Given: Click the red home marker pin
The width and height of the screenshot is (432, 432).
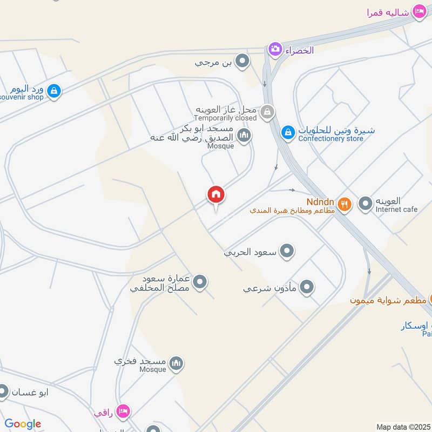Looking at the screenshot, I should coord(216,195).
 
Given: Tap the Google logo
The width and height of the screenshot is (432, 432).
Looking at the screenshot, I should coord(23,424).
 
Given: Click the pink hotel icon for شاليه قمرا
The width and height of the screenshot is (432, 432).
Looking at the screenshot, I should coord(419,11).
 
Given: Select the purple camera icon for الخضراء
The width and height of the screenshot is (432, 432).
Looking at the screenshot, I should coord(275,50).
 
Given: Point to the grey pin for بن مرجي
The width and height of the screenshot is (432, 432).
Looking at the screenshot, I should coord(244,62).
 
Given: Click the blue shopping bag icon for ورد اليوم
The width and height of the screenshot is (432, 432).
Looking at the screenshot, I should coord(53,91).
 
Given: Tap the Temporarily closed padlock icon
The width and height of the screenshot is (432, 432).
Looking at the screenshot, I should coord(266,112).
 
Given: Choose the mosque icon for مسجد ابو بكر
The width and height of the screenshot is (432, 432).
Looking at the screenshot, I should coord(244,134).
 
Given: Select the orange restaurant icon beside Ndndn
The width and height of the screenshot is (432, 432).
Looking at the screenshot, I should coord(345,204).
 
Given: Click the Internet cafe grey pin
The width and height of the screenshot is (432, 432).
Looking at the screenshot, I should coord(366,204).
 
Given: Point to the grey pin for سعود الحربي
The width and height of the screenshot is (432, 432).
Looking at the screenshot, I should coord(287,251).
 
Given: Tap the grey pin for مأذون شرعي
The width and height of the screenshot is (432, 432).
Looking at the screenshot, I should coord(307,287).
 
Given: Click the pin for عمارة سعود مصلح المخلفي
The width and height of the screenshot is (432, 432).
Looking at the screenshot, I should coord(200,282).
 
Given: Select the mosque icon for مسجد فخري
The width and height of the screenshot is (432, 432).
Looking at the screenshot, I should coord(176,364).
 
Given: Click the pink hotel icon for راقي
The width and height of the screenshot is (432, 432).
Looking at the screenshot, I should coord(123,412).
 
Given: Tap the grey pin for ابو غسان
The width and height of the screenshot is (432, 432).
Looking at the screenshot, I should coord(3,391).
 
